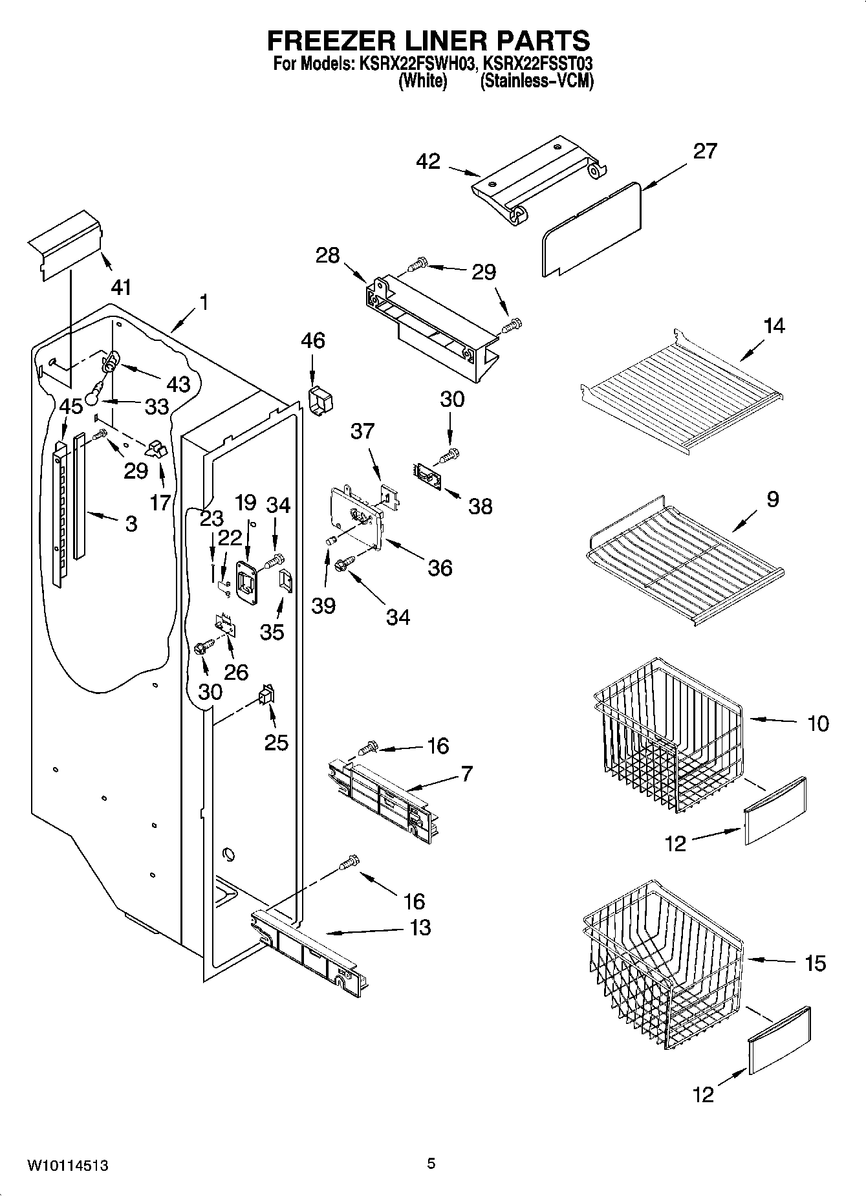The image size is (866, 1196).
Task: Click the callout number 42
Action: pos(429,161)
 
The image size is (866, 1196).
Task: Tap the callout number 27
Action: pos(704,151)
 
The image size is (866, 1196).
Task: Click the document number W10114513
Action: pos(67,1166)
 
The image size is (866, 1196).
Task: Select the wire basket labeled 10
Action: pos(666,737)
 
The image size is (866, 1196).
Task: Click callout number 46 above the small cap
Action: pos(313,340)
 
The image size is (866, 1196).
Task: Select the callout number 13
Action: pos(420,927)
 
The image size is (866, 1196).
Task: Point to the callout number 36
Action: pos(439,567)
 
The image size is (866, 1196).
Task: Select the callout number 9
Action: pos(773,499)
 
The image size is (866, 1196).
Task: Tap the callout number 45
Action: pos(70,406)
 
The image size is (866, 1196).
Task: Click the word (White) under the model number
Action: pos(422,82)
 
